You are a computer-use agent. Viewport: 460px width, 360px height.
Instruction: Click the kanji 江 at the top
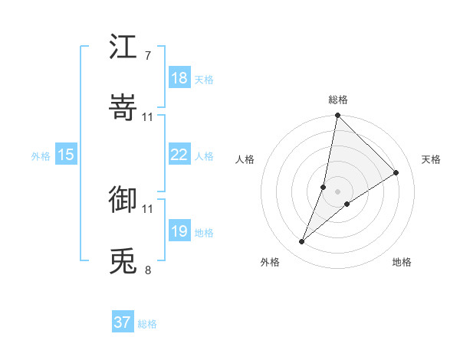(x=123, y=47)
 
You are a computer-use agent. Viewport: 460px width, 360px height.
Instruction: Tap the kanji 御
(x=123, y=199)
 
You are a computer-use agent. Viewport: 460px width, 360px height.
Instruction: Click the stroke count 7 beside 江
(x=147, y=56)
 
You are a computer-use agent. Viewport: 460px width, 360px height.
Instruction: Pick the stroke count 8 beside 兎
(x=147, y=270)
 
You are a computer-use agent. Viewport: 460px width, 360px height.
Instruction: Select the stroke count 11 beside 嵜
(x=148, y=116)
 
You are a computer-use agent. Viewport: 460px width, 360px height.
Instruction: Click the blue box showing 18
(x=179, y=78)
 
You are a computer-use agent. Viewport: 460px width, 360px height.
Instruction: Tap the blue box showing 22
(x=179, y=155)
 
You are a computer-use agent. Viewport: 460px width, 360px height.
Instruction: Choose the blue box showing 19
(x=179, y=231)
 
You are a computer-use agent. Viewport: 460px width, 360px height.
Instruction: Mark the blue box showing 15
(x=66, y=155)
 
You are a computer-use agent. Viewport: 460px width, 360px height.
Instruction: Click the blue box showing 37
(x=123, y=322)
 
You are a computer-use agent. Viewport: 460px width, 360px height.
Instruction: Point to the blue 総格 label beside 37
(x=148, y=324)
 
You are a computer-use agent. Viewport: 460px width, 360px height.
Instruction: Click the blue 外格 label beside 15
(x=41, y=155)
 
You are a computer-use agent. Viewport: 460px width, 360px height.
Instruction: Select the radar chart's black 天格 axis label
(x=431, y=159)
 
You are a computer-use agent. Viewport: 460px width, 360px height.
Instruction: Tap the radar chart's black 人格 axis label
(x=245, y=159)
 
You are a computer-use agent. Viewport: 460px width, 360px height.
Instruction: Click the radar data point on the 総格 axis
(x=337, y=116)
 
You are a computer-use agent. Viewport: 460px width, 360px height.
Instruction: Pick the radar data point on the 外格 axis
(x=302, y=242)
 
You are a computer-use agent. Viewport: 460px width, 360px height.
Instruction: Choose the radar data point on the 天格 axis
(x=396, y=173)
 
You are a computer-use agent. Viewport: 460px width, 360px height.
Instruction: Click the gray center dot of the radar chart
(x=337, y=191)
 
